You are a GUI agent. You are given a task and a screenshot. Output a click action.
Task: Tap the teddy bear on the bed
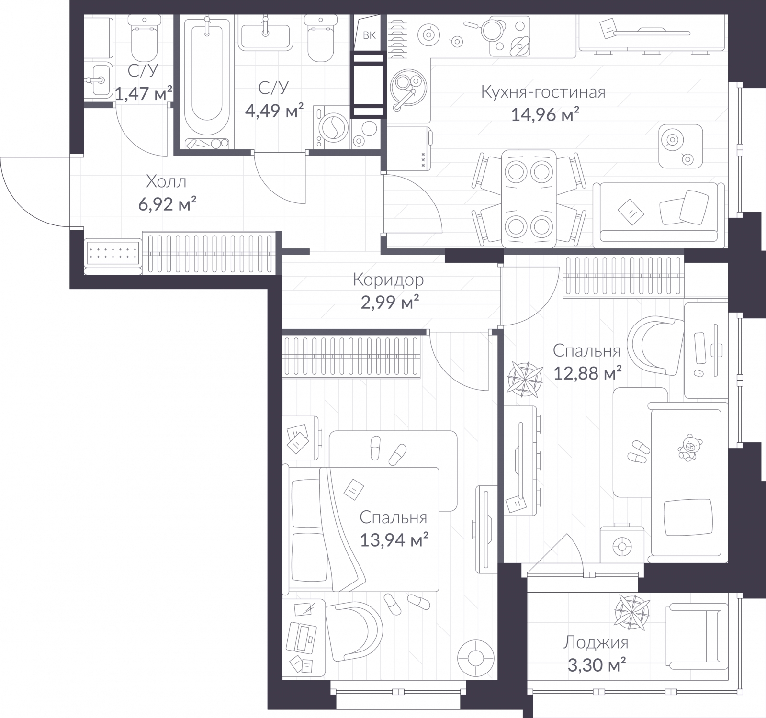click(688, 448)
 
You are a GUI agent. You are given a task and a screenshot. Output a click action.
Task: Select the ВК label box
click(369, 35)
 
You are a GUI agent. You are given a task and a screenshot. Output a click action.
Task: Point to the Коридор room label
click(388, 280)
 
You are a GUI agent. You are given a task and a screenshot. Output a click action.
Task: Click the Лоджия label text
click(596, 642)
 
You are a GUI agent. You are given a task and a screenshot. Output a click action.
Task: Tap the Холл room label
click(166, 182)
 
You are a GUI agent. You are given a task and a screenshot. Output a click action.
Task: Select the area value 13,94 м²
click(394, 540)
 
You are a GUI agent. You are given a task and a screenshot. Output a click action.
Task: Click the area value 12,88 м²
click(587, 373)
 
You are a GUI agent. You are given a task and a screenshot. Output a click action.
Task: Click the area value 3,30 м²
click(596, 665)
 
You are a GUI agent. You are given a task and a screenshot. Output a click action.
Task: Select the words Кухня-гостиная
click(543, 92)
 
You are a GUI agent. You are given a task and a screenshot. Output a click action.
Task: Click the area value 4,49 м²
click(274, 112)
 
